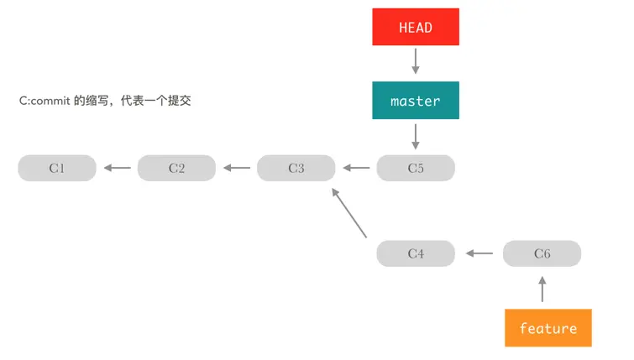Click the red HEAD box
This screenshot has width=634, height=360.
tap(416, 27)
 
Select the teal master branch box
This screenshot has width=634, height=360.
tap(416, 101)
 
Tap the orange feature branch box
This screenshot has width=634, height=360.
tap(548, 328)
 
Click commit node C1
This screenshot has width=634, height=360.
tap(57, 168)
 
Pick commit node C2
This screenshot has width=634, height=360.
tap(176, 168)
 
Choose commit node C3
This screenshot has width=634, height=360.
tap(296, 168)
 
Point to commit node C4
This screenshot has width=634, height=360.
tap(416, 253)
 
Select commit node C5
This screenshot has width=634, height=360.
tap(416, 168)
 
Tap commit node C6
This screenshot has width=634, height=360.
tap(542, 253)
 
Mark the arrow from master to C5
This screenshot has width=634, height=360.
tap(416, 136)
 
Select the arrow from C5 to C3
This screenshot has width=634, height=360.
tap(356, 168)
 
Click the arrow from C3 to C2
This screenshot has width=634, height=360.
tap(237, 168)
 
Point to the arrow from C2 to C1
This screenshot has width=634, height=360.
tap(118, 168)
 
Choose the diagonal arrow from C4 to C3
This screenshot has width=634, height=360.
tap(350, 212)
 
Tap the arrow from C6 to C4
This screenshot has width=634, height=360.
tap(479, 253)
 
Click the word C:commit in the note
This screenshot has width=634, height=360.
tap(46, 101)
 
